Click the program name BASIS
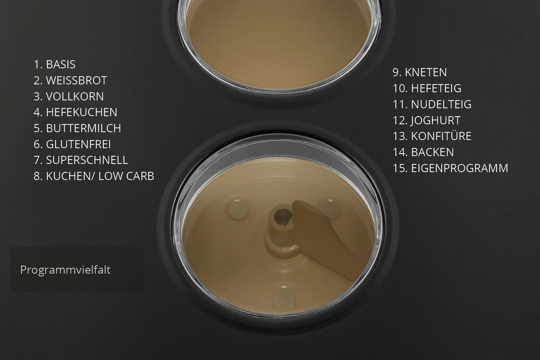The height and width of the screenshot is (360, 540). pyautogui.click(x=61, y=65)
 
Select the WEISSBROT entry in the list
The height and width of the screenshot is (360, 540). pyautogui.click(x=76, y=80)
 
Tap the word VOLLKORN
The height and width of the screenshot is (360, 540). pyautogui.click(x=75, y=96)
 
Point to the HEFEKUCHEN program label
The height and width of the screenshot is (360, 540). pyautogui.click(x=81, y=112)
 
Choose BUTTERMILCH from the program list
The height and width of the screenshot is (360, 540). pyautogui.click(x=83, y=128)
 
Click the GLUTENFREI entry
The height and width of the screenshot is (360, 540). pyautogui.click(x=78, y=144)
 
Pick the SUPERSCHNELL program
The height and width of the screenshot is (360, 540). pyautogui.click(x=87, y=160)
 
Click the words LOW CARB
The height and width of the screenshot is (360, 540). pyautogui.click(x=126, y=176)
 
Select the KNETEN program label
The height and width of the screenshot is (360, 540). pyautogui.click(x=426, y=72)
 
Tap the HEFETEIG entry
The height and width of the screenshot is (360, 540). pyautogui.click(x=436, y=88)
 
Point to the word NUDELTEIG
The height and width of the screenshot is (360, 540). pyautogui.click(x=441, y=104)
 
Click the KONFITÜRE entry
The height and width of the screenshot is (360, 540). pyautogui.click(x=441, y=136)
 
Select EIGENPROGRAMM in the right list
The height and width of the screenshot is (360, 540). pyautogui.click(x=459, y=168)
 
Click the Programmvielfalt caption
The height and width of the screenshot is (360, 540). pyautogui.click(x=65, y=270)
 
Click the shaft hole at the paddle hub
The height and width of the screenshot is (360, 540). pyautogui.click(x=283, y=217)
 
